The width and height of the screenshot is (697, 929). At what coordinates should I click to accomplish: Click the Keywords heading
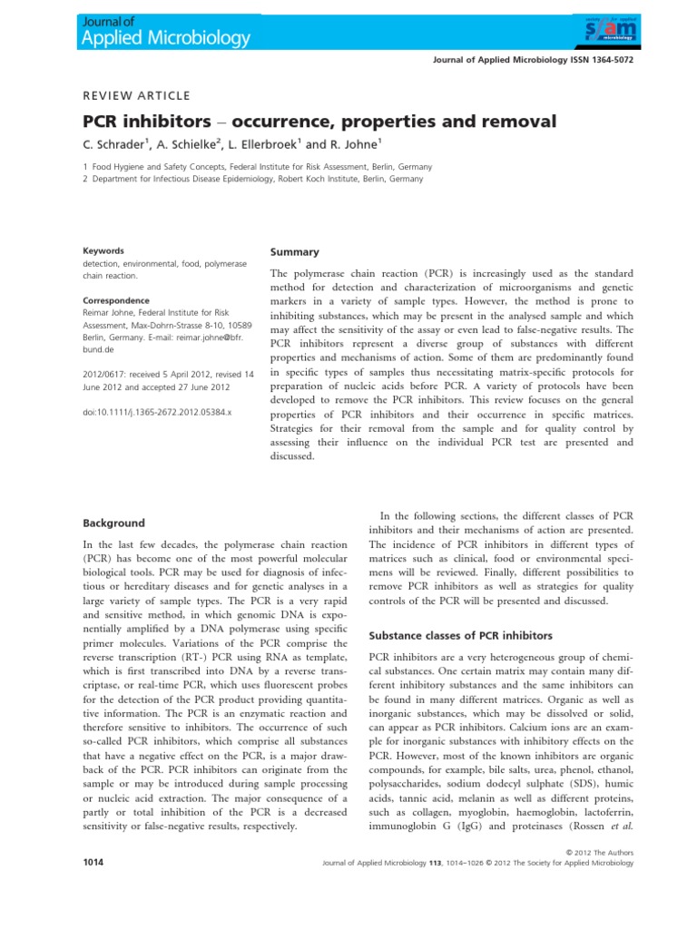103,250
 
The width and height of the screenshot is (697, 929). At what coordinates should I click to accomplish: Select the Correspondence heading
116,299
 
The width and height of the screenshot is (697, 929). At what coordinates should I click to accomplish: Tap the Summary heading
294,251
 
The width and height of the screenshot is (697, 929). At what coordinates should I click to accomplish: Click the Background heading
113,523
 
